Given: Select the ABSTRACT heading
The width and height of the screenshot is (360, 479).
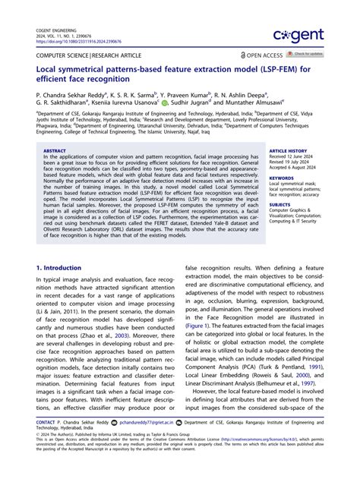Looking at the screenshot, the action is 56,151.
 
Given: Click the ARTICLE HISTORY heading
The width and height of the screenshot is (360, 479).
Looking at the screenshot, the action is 286,151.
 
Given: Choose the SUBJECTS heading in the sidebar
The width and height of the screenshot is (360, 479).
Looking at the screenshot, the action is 279,203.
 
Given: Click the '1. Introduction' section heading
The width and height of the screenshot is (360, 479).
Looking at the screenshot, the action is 60,268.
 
